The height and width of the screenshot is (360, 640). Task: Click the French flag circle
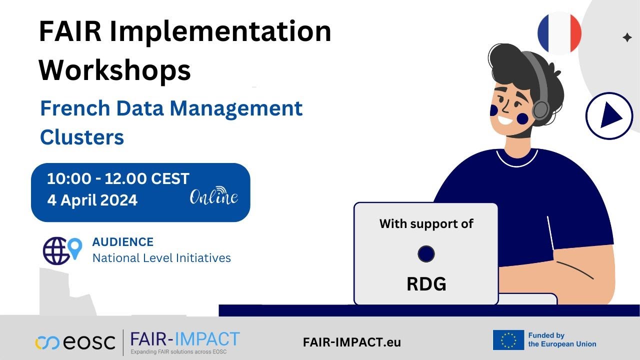[x=559, y=33]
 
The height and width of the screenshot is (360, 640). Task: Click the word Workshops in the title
[x=115, y=70]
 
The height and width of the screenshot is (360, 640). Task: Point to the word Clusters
[x=82, y=137]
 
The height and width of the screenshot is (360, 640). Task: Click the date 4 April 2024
[x=92, y=200]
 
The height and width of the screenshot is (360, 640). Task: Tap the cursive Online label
[x=214, y=196]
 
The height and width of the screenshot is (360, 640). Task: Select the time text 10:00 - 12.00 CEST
[x=118, y=178]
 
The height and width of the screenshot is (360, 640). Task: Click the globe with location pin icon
[x=61, y=250]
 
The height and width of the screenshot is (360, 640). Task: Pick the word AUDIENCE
[x=123, y=242]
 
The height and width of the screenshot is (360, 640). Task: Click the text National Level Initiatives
[x=161, y=258]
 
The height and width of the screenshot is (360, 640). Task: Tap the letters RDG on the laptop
[x=426, y=283]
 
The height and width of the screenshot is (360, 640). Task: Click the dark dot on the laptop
[x=426, y=253]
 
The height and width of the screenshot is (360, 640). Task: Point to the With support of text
[x=426, y=223]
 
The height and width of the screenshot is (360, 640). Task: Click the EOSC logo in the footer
[x=75, y=342]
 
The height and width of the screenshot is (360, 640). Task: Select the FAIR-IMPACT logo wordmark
[x=185, y=339]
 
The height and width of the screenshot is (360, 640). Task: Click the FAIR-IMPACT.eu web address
[x=352, y=342]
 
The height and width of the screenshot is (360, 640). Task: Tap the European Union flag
[x=508, y=340]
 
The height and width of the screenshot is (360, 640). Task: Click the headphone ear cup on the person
[x=540, y=108]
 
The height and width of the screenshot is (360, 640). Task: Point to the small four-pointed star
[x=627, y=37]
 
